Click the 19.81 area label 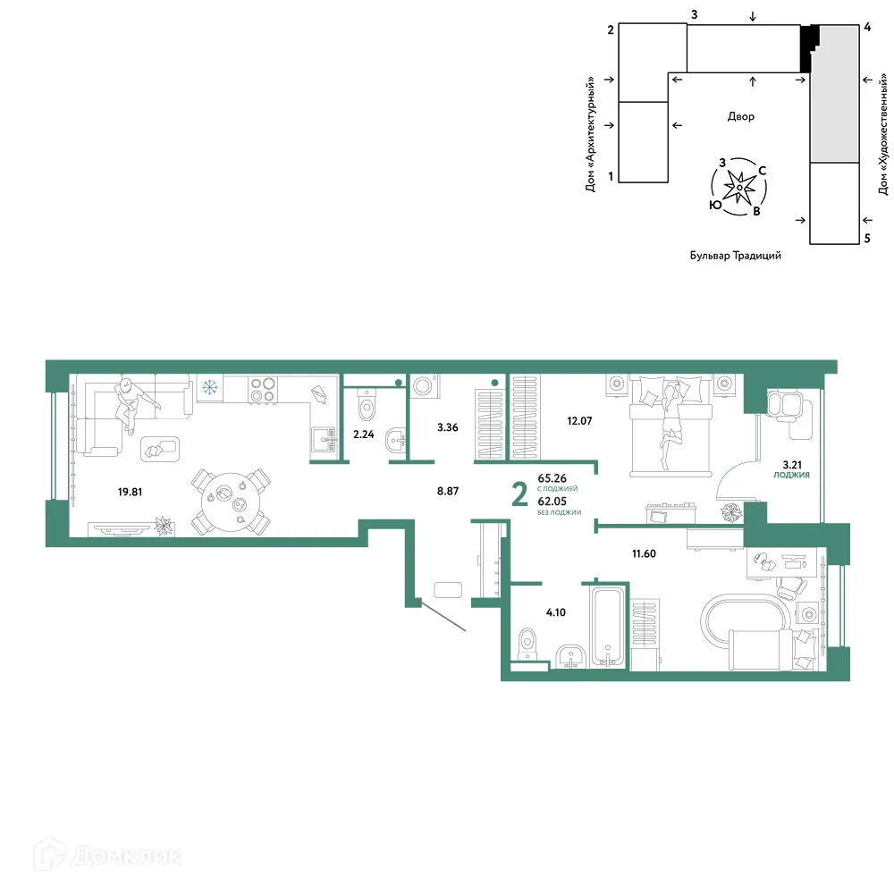(130, 492)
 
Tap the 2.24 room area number (363, 434)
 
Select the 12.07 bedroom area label (579, 421)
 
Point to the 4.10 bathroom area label (556, 612)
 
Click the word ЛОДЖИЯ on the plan (791, 475)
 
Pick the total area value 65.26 (552, 478)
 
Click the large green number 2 (519, 493)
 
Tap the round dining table (231, 502)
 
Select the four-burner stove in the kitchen (263, 390)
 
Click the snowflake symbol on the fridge (210, 388)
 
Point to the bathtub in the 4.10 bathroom (607, 627)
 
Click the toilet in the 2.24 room (366, 404)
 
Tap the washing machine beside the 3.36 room (424, 386)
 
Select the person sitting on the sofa (132, 403)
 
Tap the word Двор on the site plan (740, 117)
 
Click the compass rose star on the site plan (739, 187)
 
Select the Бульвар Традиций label (736, 256)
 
